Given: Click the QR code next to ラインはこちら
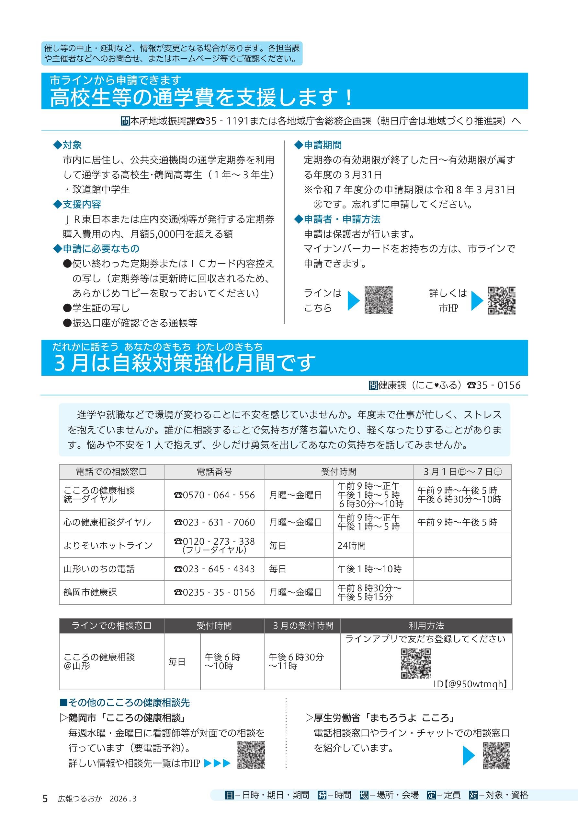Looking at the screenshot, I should (378, 300).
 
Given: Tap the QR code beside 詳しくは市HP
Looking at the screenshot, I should (502, 300).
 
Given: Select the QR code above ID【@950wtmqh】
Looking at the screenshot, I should (416, 663).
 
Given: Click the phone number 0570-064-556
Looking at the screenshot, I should (214, 495).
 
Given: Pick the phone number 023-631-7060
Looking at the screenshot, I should (214, 522).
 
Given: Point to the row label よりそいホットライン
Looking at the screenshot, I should (108, 545).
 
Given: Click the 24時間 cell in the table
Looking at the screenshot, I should (351, 545).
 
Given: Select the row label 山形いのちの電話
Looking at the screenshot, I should (99, 569).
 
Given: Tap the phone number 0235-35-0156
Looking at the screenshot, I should (214, 592).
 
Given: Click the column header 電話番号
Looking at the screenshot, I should (214, 472).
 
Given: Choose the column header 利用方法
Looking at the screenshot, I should (426, 626).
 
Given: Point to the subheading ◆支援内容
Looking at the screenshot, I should (77, 204).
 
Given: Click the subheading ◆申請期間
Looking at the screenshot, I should (318, 145).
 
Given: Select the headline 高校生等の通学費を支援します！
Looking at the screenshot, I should (201, 97).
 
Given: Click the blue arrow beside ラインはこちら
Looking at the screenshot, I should (353, 300).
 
